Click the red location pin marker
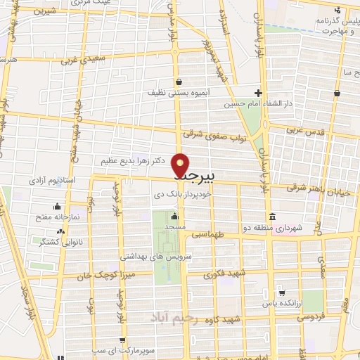pos(181,165)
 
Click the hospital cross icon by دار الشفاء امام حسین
pos(259,92)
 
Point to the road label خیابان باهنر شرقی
pos(317,186)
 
